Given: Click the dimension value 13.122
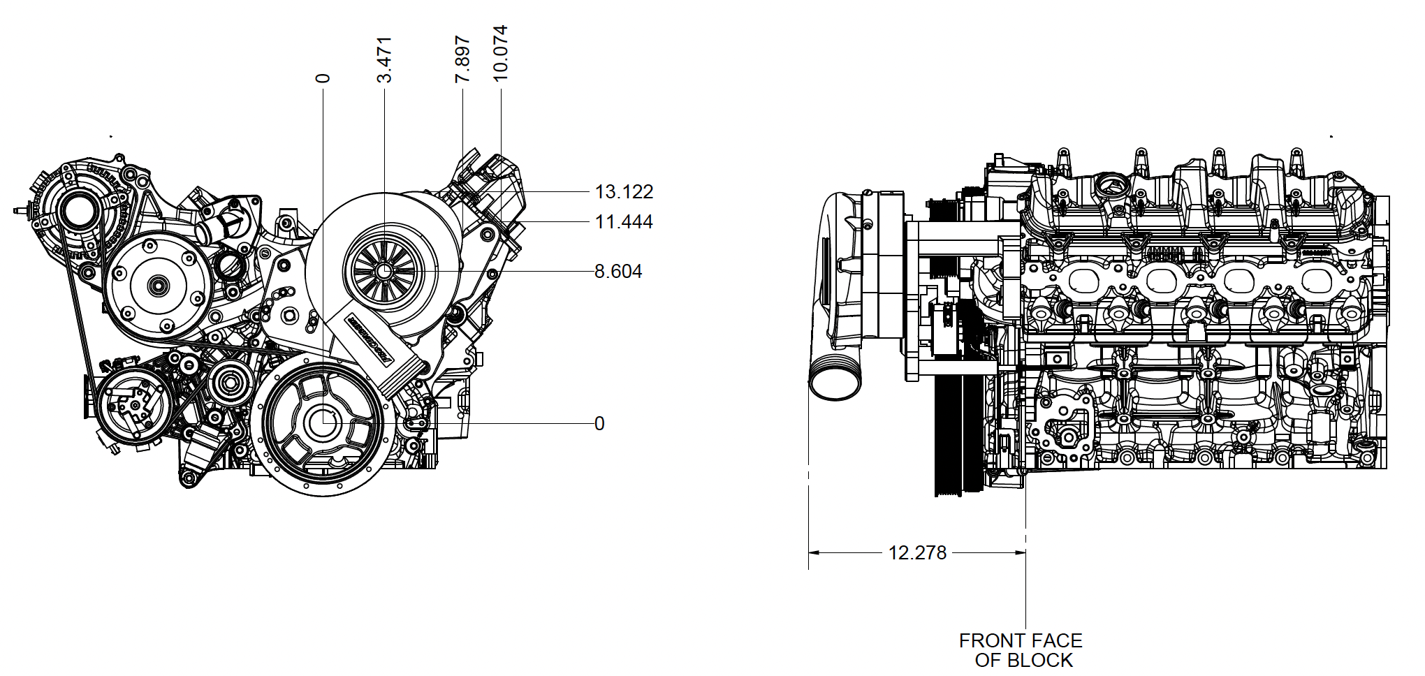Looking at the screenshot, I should (623, 191).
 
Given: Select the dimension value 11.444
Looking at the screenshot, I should (623, 222).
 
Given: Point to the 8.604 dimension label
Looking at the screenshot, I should (617, 271).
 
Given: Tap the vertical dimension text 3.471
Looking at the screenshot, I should (385, 59).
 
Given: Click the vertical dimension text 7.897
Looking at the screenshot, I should (462, 59).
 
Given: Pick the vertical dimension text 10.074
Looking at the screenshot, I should (500, 53).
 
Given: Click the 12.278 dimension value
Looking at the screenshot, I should (917, 552).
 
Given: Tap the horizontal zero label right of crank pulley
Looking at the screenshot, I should (599, 423).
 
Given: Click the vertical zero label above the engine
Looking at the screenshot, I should (323, 78).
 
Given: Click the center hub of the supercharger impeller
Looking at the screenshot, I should (384, 270).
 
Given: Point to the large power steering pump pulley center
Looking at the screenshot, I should (156, 285).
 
